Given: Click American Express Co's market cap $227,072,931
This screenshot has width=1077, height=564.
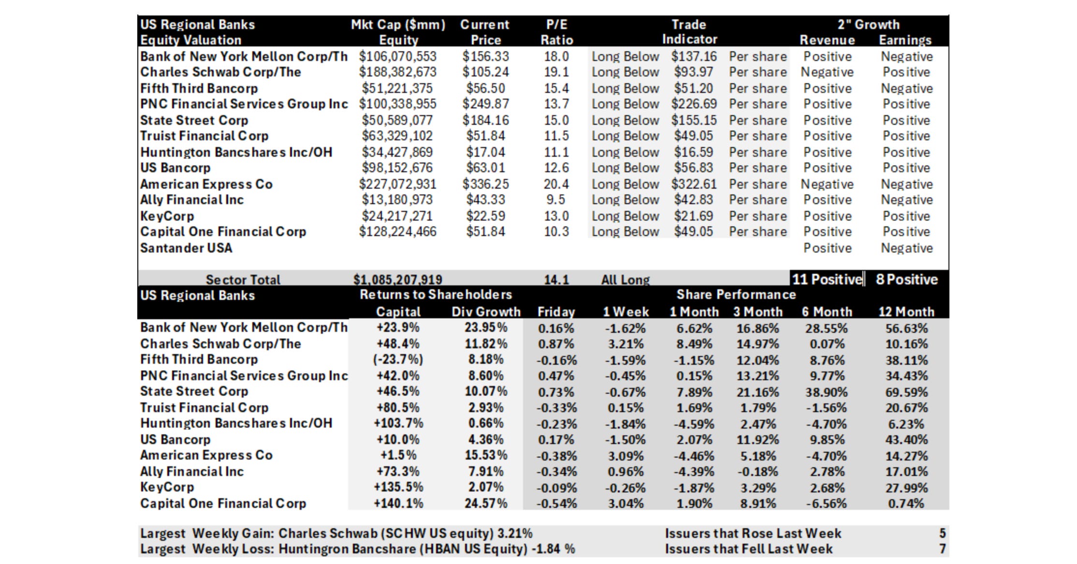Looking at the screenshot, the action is [x=397, y=184].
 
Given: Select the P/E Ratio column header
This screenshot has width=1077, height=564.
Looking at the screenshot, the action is [x=556, y=32].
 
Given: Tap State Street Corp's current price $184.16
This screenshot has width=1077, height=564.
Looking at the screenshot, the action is [x=485, y=120].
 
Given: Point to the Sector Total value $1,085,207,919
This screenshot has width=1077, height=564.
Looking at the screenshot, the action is [x=397, y=280].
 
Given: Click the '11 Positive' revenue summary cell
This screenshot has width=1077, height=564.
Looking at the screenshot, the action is [x=827, y=279].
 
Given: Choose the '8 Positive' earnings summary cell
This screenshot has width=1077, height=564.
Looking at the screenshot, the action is [x=906, y=279].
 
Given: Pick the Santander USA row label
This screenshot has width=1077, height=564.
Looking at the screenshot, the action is [x=186, y=248].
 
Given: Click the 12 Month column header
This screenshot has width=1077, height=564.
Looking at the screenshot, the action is [x=906, y=312].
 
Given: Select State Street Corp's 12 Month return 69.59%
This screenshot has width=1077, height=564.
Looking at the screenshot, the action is [x=906, y=392].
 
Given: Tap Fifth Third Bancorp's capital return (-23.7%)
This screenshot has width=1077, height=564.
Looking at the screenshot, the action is [x=398, y=360].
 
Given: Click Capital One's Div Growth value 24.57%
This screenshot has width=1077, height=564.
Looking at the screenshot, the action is [x=486, y=504].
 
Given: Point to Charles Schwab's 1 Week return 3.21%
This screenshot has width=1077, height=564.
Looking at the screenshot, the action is [x=626, y=344].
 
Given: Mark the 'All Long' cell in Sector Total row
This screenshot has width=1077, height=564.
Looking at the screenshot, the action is [x=626, y=280].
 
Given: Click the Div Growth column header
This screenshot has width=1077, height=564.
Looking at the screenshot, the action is [x=486, y=312].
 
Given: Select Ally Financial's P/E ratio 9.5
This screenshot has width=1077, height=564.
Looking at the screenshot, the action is [x=556, y=200].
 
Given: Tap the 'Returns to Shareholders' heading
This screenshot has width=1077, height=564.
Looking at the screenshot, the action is [x=436, y=295].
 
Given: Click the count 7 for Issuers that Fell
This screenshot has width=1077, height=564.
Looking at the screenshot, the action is [x=942, y=549].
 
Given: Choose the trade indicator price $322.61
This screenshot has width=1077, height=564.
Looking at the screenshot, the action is [x=694, y=184].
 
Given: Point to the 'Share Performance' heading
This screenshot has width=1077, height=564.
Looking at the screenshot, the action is [x=736, y=295].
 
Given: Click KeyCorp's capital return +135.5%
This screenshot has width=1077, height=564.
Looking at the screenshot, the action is [x=398, y=488].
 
